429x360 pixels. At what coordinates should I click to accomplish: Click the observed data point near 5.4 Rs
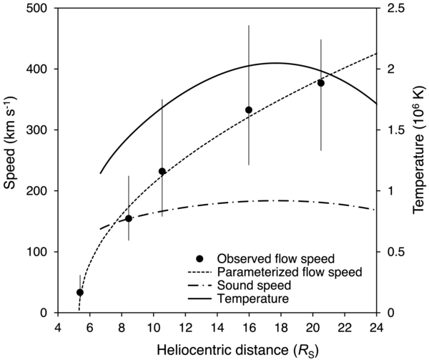click(80, 292)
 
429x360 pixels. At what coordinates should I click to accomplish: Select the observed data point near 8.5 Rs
click(129, 218)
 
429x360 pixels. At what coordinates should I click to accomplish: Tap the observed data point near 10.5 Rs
click(162, 172)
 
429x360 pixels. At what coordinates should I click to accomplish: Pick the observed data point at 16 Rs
click(249, 110)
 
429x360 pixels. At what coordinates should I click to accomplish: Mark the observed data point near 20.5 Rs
click(321, 83)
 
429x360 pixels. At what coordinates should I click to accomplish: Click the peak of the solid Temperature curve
click(275, 63)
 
